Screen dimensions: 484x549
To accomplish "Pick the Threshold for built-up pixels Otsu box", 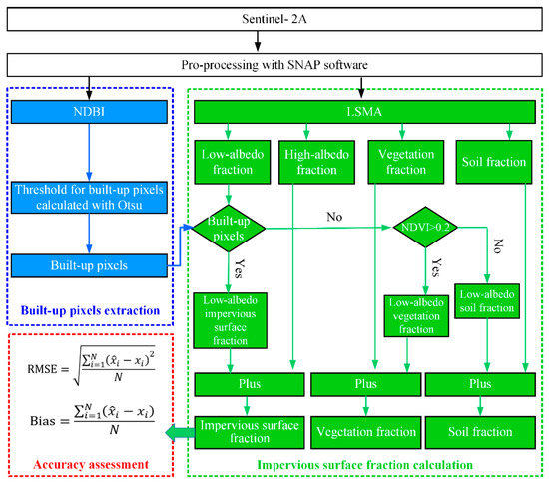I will pyautogui.click(x=88, y=197).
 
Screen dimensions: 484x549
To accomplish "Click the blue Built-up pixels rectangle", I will pyautogui.click(x=88, y=266).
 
